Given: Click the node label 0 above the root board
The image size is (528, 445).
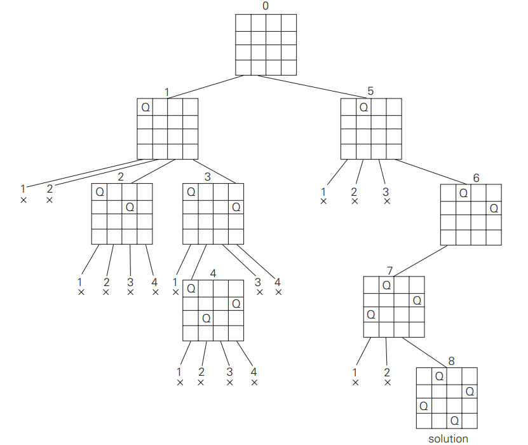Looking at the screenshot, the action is (266, 6).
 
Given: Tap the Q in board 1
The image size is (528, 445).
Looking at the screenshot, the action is (146, 107).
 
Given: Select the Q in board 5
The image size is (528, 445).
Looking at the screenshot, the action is (363, 107).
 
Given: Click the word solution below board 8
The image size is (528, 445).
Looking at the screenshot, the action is (448, 439).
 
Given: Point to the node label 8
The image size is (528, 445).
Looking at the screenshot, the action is (451, 361).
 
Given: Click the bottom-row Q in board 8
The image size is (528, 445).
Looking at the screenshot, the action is (454, 420).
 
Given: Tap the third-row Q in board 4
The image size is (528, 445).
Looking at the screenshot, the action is (206, 318).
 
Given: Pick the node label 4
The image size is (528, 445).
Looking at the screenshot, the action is (213, 273).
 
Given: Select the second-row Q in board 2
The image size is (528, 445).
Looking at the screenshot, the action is (130, 207).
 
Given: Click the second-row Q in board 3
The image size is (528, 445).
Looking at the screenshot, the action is (236, 207).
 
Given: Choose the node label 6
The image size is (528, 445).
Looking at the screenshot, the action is (477, 178).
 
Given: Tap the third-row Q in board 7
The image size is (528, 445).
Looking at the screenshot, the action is (371, 314).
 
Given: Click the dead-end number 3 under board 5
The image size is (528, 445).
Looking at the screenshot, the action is (386, 192).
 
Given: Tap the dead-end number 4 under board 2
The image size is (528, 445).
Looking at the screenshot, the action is (155, 282).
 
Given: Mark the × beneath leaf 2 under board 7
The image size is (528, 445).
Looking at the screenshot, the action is (388, 383).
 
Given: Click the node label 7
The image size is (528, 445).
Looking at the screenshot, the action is (389, 271).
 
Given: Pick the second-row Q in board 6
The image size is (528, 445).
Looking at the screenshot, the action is (494, 207).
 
